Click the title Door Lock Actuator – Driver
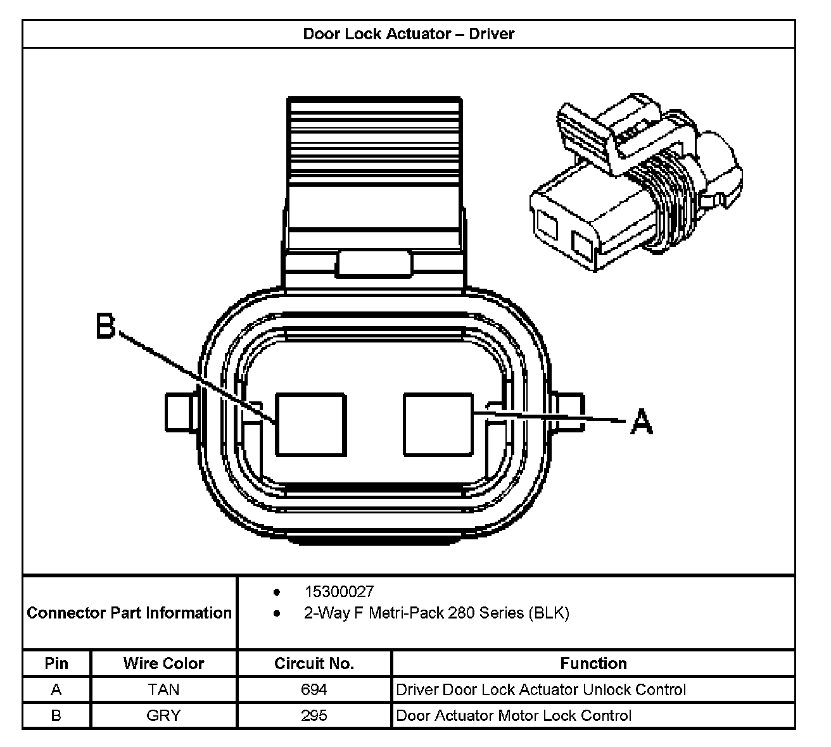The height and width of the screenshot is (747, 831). coord(409,34)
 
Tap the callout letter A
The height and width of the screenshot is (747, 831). coord(642,422)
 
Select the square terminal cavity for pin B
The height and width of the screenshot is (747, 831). coord(311,424)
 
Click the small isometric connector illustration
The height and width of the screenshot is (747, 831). coord(633,184)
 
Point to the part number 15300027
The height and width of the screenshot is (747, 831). coord(339,592)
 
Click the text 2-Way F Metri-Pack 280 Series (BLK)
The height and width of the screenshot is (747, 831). coord(436,613)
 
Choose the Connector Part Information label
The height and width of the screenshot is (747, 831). coord(129,613)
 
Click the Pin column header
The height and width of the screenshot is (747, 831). coord(56,663)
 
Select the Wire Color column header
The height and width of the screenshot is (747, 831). coord(163,663)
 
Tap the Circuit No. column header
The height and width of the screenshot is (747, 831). coord(314,663)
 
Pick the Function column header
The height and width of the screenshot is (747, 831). coord(593,663)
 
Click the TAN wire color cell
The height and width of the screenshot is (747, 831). coord(163,689)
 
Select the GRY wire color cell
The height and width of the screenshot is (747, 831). coord(163,715)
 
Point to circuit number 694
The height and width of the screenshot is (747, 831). coord(314,689)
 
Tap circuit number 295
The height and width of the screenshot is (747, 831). coord(314,715)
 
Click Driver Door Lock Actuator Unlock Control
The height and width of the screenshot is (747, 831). coord(541,689)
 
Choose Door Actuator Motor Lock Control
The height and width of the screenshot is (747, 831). coord(514,715)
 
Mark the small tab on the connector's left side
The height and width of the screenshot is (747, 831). coord(182,413)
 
